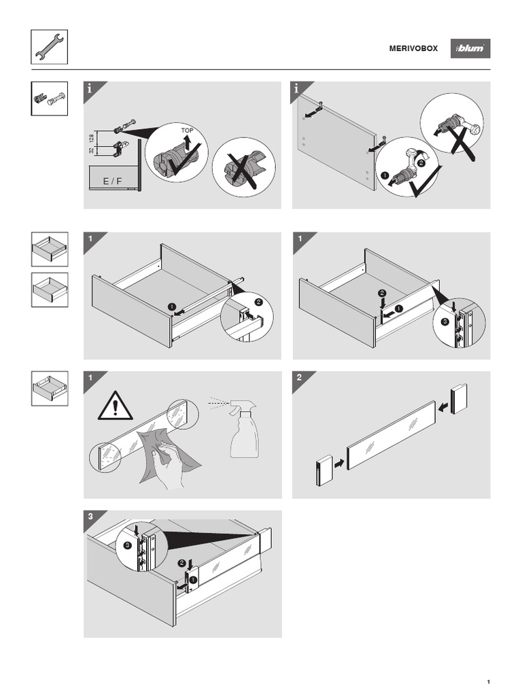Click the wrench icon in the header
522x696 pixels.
49,48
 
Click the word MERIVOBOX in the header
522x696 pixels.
413,49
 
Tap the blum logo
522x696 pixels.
470,49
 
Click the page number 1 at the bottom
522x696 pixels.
489,682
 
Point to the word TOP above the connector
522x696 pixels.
187,130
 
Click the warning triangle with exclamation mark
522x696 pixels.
115,407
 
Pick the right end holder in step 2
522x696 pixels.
459,398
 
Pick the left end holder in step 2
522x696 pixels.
323,470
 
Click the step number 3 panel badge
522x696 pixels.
90,517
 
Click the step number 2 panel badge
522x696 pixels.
298,378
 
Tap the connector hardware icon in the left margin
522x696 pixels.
49,99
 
